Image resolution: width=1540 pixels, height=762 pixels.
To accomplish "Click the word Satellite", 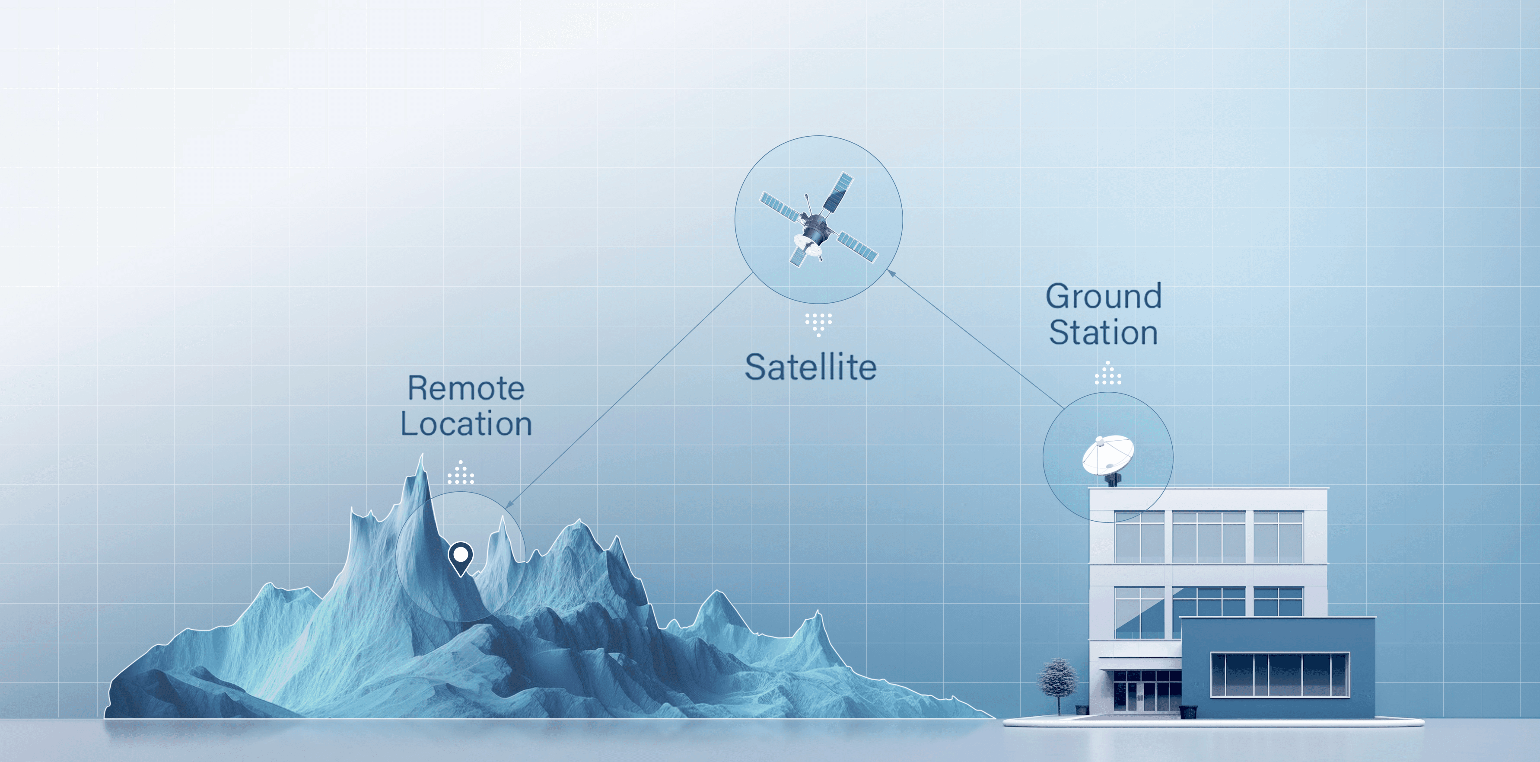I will point(810,367).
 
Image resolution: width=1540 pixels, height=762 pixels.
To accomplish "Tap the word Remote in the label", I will point(466,389).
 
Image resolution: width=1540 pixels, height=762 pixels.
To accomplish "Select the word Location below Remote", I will point(466,424).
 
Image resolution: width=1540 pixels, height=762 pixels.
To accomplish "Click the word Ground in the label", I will point(1103,297).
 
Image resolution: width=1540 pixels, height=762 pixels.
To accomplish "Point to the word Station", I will point(1103,333).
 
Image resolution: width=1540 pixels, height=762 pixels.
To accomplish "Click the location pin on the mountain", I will point(460,556).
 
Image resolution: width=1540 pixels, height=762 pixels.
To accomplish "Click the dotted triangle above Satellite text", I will point(818,323).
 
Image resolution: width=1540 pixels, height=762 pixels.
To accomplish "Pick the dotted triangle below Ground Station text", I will point(1108,374).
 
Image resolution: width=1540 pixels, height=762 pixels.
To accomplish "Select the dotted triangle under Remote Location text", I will point(460,473).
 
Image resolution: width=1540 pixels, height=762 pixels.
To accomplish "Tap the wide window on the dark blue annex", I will point(1279,675).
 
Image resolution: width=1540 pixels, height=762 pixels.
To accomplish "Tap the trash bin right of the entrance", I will point(1188,712).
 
